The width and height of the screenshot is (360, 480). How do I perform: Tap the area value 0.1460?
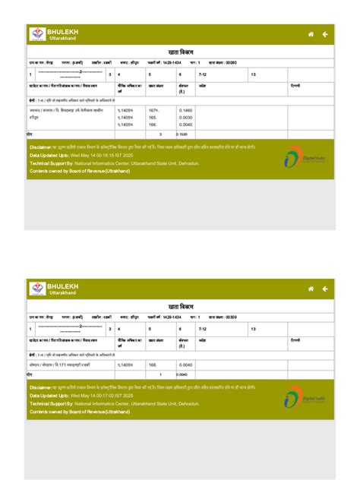[x=185, y=111]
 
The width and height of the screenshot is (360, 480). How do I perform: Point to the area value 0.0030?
[x=185, y=118]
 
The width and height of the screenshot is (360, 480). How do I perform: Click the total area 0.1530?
[x=182, y=134]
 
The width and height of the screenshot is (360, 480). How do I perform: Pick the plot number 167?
[x=153, y=111]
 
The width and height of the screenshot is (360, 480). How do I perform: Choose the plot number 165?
[x=153, y=118]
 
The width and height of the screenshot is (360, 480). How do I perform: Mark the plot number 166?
[x=153, y=125]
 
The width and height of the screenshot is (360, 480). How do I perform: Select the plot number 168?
[x=153, y=365]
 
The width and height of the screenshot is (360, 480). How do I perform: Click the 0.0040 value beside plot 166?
[x=185, y=125]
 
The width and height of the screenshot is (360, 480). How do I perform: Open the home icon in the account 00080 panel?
[x=311, y=34]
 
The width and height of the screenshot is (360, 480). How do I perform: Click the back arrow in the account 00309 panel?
[x=325, y=289]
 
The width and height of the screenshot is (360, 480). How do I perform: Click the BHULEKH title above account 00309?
[x=63, y=285]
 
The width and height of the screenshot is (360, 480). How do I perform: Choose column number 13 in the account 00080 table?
[x=253, y=74]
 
